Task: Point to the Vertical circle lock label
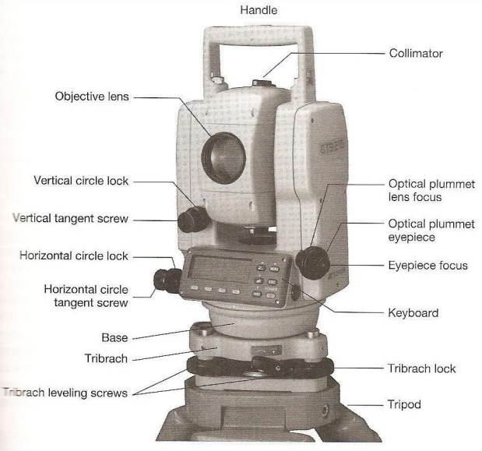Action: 81,181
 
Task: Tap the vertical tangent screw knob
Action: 188,220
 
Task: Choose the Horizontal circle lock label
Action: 75,255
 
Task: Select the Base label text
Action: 114,339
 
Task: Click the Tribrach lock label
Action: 421,368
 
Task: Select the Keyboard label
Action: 413,313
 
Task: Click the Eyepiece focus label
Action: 427,266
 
